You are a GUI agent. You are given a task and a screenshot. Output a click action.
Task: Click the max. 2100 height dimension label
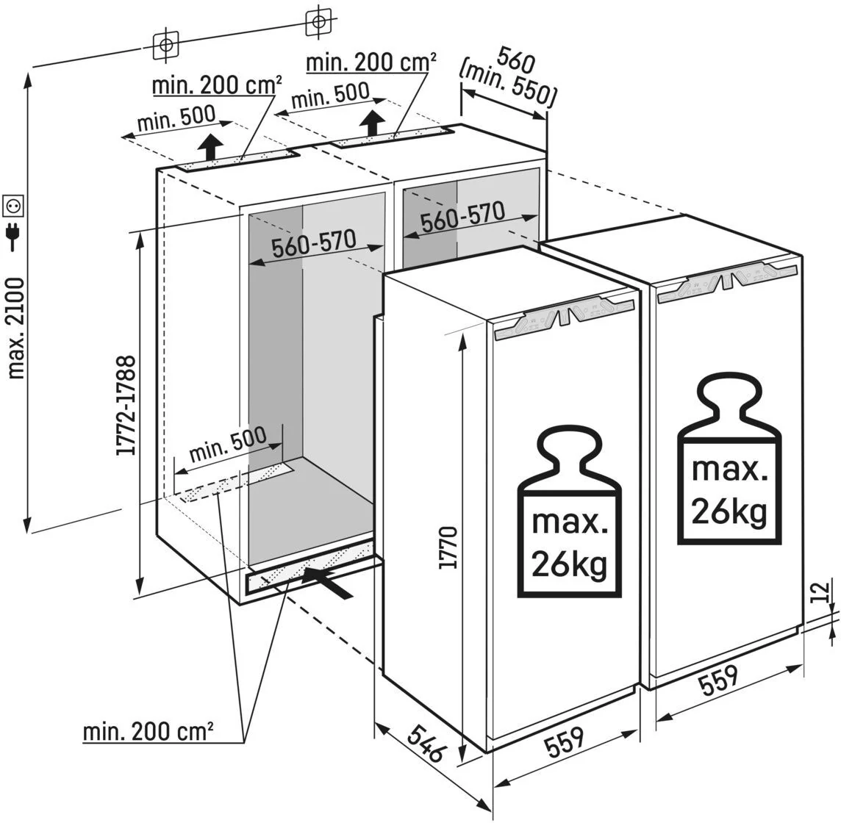click(16, 328)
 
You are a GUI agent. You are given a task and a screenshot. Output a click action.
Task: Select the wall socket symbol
click(14, 204)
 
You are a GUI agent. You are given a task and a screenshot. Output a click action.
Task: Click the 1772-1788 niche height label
click(126, 406)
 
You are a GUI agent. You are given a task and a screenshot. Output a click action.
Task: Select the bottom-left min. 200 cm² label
click(148, 733)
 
